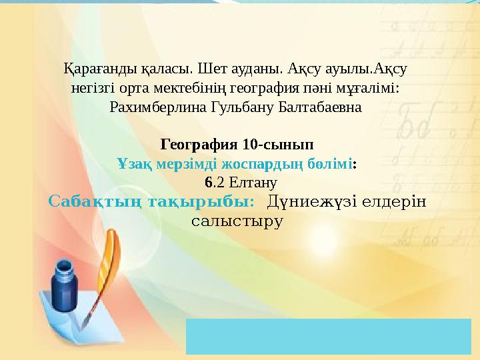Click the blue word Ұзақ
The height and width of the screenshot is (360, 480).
[x=131, y=163]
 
